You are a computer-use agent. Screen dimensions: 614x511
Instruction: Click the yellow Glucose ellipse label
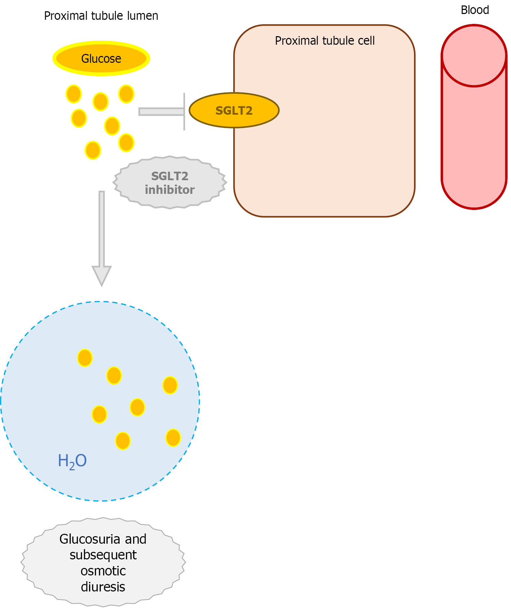tap(101, 59)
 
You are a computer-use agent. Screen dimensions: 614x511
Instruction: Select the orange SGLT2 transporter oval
tap(234, 111)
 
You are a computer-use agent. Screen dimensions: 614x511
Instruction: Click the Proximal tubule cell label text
tap(324, 41)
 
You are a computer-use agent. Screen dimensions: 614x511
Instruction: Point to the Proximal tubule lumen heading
tap(101, 16)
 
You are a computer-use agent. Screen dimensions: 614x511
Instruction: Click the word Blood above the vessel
tap(474, 10)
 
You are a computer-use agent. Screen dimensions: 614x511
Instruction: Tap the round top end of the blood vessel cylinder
tap(474, 56)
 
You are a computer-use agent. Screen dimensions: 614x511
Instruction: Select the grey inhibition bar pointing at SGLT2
tap(161, 112)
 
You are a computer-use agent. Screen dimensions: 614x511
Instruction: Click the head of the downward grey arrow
tap(101, 274)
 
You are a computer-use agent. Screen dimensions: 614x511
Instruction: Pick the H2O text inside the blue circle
tap(72, 461)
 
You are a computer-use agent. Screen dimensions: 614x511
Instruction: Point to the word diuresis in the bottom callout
tap(103, 587)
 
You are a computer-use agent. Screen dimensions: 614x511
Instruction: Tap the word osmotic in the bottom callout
tap(103, 571)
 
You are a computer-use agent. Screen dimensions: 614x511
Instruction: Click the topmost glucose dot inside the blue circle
tap(85, 358)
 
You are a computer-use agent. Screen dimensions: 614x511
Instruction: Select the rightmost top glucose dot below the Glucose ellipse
tap(126, 94)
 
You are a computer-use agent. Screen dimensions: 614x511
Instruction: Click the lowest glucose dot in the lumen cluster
tap(93, 150)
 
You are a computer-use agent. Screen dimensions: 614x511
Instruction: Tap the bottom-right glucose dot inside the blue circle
tap(173, 438)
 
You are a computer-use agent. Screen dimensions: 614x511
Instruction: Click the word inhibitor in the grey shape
tap(170, 190)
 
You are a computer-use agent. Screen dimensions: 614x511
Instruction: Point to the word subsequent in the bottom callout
tap(103, 555)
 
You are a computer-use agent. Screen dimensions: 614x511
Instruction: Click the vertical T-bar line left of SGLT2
tap(184, 112)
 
